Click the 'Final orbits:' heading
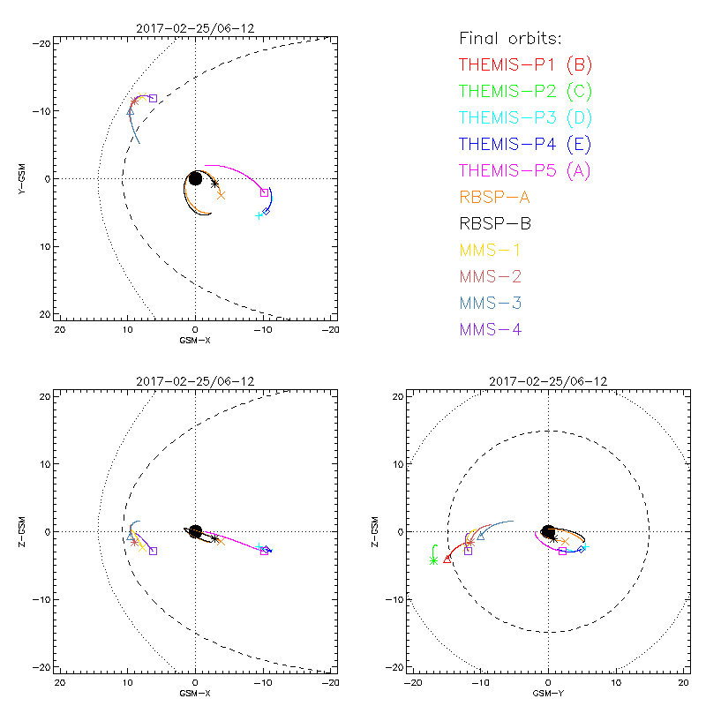pyautogui.click(x=511, y=39)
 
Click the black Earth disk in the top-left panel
pyautogui.click(x=196, y=178)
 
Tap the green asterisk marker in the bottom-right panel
pyautogui.click(x=433, y=560)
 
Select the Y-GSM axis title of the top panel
pyautogui.click(x=23, y=178)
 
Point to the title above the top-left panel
pyautogui.click(x=195, y=28)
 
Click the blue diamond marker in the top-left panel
pyautogui.click(x=266, y=211)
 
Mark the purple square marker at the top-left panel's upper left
pyautogui.click(x=153, y=99)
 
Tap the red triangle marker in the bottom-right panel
pyautogui.click(x=447, y=558)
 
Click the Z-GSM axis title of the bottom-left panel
pyautogui.click(x=23, y=531)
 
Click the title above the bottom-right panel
pyautogui.click(x=548, y=381)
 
